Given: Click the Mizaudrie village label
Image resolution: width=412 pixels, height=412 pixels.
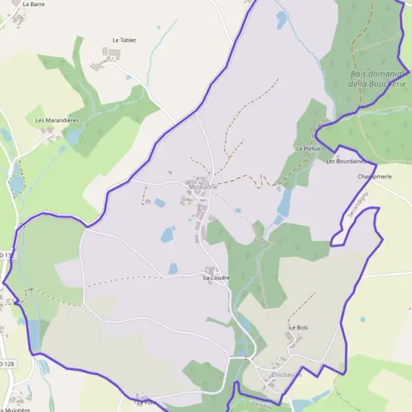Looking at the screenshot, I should pos(203,186).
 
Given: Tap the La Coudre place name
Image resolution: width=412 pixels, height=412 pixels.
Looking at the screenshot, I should pos(216,277).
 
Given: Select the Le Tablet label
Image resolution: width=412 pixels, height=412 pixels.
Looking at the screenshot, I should pos(124,40).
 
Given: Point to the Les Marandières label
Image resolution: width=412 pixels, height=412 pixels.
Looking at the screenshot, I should pos(57,119).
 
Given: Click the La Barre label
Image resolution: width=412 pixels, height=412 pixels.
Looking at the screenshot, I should pos(34,3).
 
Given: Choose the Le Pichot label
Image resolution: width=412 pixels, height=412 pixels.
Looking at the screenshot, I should pos(308,148).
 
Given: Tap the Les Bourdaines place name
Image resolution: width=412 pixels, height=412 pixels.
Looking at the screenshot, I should pos(345,161).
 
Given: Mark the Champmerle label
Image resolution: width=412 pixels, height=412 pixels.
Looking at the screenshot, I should pos(374,176).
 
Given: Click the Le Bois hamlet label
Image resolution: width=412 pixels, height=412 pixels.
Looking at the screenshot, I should pos(298,328).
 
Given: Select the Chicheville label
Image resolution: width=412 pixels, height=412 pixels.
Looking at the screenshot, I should pos(286,374).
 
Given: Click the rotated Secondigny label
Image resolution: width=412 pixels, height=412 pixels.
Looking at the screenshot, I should pos(358,204).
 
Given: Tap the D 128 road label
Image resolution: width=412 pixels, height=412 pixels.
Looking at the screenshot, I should pos(5,363).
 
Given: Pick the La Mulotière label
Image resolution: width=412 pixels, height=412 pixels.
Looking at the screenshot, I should pos(15,410).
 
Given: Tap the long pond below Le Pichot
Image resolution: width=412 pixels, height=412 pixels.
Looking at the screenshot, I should pos(284,203).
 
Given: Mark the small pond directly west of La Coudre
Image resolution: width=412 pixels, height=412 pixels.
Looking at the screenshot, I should pos(173,268).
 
